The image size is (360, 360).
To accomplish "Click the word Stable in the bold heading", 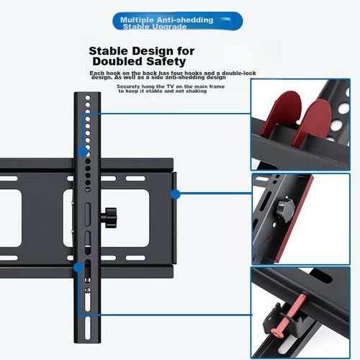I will tap(110, 51).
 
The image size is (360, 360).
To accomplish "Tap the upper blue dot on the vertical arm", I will tap(84, 151).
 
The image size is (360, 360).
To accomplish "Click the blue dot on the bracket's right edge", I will tap(175, 193).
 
